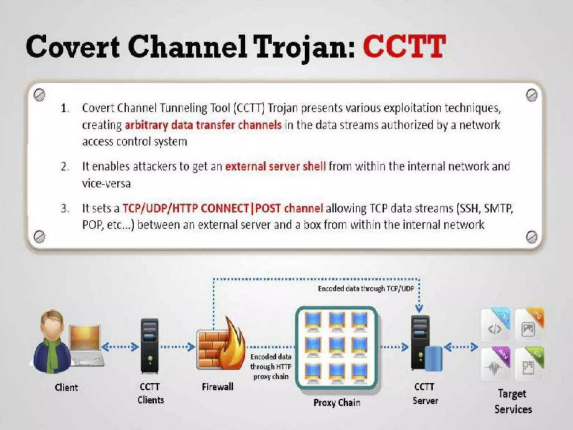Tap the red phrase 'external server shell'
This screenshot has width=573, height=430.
pos(275,167)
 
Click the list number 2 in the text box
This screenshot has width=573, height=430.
pos(65,167)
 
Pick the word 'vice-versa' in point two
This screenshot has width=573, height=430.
pos(106,184)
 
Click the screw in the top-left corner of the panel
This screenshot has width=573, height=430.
pos(39,95)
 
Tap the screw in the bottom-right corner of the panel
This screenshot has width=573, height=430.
pos(531,237)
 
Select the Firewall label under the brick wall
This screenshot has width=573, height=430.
pos(217,387)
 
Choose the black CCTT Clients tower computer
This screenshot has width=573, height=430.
pos(150,346)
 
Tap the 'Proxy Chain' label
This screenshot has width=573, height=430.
pos(337,403)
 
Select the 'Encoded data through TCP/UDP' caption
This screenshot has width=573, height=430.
pos(366,289)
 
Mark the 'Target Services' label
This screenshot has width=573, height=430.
pos(513,401)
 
